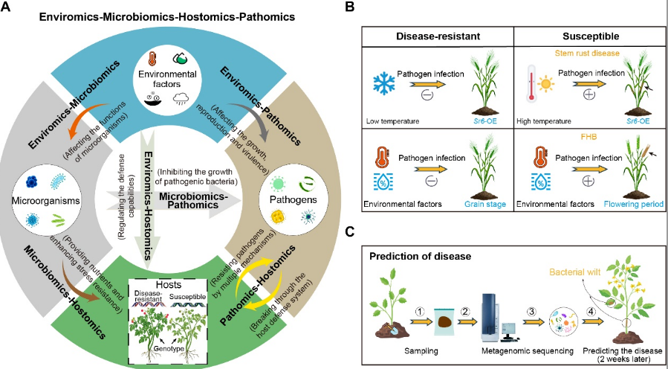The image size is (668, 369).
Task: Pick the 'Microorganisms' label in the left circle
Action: [45, 202]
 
